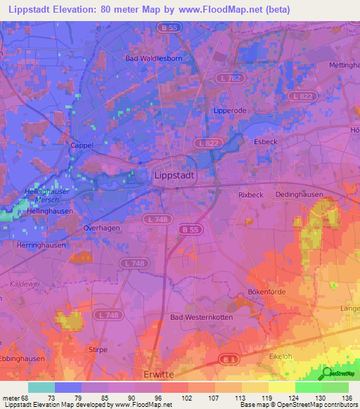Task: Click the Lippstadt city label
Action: click(175, 176)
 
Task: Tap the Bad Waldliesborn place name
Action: click(153, 59)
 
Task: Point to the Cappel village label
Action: click(82, 145)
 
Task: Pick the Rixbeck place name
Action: click(251, 195)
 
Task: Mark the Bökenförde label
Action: click(265, 292)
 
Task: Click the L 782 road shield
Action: click(227, 78)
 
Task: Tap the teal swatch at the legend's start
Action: click(41, 387)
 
